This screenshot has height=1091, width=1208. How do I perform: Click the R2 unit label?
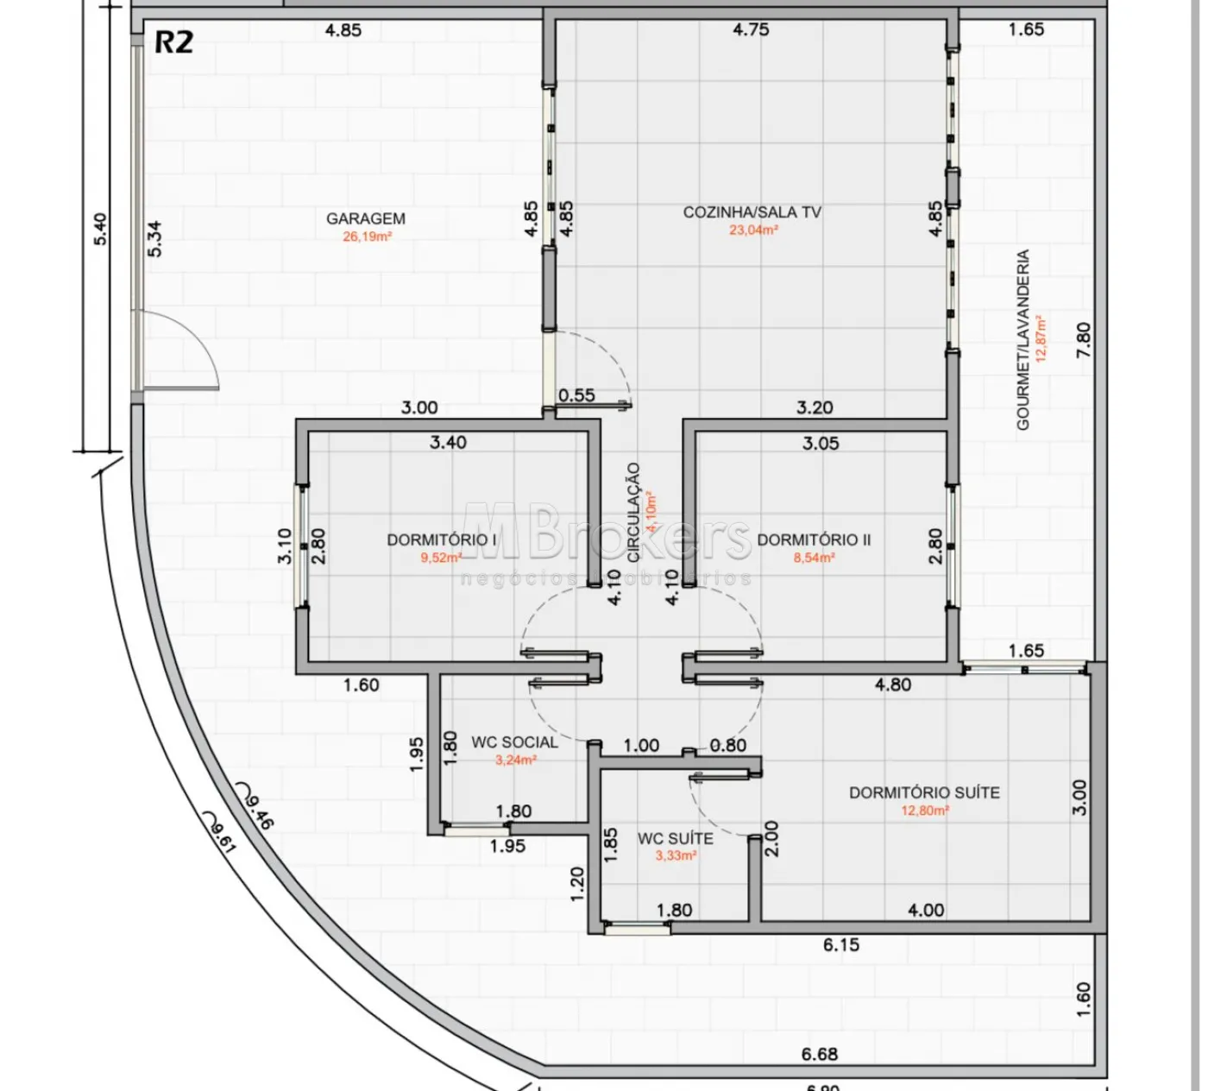(173, 42)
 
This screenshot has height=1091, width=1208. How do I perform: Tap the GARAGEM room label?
(366, 218)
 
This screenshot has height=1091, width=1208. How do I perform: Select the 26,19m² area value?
(368, 236)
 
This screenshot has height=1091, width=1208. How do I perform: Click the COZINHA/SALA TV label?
(752, 212)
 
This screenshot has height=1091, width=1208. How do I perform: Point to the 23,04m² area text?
(753, 230)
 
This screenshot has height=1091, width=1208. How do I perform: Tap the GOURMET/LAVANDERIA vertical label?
(1023, 340)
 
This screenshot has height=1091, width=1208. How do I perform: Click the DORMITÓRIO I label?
(442, 539)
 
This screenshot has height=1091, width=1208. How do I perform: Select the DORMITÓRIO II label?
(814, 539)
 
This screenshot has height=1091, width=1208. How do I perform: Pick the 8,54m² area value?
(814, 558)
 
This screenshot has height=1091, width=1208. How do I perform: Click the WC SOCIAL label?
(514, 742)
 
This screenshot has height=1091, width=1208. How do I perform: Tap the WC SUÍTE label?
(676, 838)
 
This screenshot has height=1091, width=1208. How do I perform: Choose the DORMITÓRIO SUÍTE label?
(924, 792)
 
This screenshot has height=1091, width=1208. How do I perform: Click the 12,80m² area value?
(925, 810)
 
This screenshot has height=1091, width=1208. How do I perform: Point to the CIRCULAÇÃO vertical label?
(634, 513)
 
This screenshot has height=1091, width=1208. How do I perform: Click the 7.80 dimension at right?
(1084, 340)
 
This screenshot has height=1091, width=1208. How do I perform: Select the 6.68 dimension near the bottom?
(819, 1054)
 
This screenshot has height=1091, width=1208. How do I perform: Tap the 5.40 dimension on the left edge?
(101, 230)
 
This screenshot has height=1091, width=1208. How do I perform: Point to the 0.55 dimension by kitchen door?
(576, 395)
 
